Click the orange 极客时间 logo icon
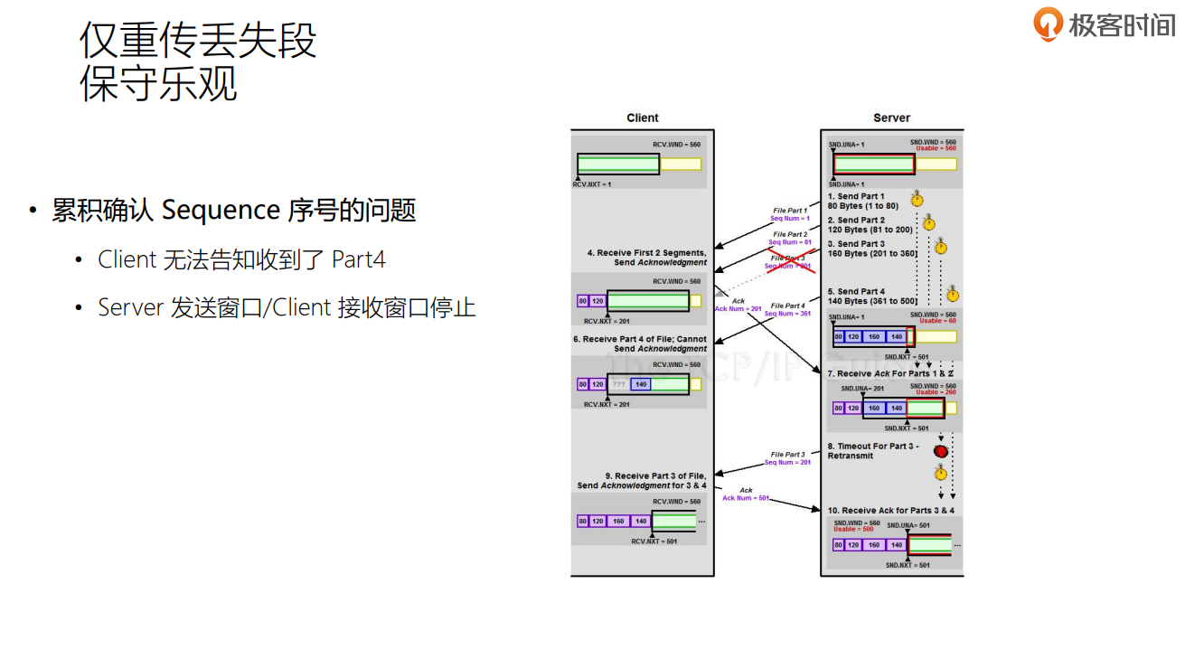[1049, 24]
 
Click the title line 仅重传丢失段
[198, 40]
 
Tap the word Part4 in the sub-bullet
[359, 260]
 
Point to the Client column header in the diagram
[643, 118]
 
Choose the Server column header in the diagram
[891, 118]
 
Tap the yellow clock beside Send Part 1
[917, 199]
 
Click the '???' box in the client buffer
[619, 384]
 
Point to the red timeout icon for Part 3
[941, 451]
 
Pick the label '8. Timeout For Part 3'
[873, 447]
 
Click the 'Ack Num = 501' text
[746, 498]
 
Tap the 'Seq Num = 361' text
[788, 314]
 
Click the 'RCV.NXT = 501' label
[654, 541]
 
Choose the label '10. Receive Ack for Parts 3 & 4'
[890, 511]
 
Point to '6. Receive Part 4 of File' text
[639, 340]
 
